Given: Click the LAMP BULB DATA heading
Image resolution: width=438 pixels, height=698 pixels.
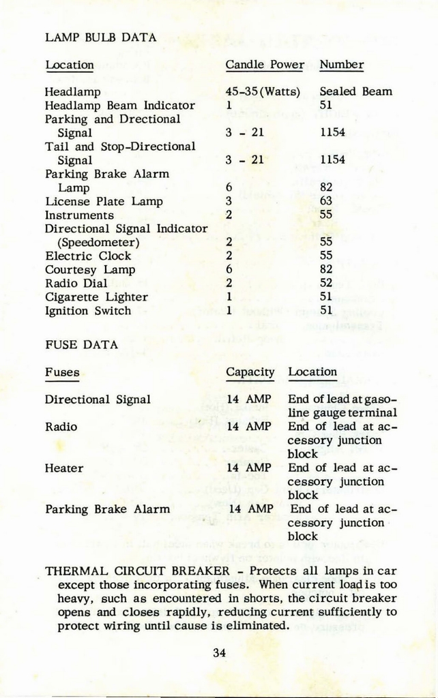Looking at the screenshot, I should (101, 37).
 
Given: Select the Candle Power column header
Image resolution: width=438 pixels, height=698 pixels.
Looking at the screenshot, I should (265, 65).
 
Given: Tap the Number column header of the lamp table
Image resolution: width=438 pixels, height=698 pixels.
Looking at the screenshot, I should (341, 65).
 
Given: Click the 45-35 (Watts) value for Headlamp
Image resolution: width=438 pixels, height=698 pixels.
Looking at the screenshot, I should (263, 91).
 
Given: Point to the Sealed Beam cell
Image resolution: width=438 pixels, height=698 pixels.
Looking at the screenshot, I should (355, 91).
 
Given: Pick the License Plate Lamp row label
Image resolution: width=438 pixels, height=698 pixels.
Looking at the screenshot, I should (104, 201).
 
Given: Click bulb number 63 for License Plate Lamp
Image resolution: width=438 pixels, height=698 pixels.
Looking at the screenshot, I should (325, 201).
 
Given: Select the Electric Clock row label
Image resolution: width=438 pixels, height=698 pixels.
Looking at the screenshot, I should (88, 256).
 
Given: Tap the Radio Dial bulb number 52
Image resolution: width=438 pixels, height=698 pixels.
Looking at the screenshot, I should (325, 284).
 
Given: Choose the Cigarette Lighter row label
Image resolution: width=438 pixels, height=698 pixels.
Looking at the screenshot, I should (96, 297).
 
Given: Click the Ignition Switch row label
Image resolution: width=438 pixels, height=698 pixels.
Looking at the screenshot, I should (88, 311).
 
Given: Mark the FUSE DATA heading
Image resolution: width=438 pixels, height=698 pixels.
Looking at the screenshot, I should (81, 345).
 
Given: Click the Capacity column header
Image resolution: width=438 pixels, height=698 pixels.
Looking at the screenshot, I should (250, 372).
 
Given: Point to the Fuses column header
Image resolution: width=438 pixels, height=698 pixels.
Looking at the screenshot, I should (62, 373).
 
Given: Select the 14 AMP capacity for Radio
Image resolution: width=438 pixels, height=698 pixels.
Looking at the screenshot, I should (249, 427).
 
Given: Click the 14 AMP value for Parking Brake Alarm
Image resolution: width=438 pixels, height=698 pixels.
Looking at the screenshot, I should (250, 509).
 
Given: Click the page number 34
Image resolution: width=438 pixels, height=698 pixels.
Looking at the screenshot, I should (219, 652).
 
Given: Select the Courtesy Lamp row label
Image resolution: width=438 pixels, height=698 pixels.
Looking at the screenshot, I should (90, 270).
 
